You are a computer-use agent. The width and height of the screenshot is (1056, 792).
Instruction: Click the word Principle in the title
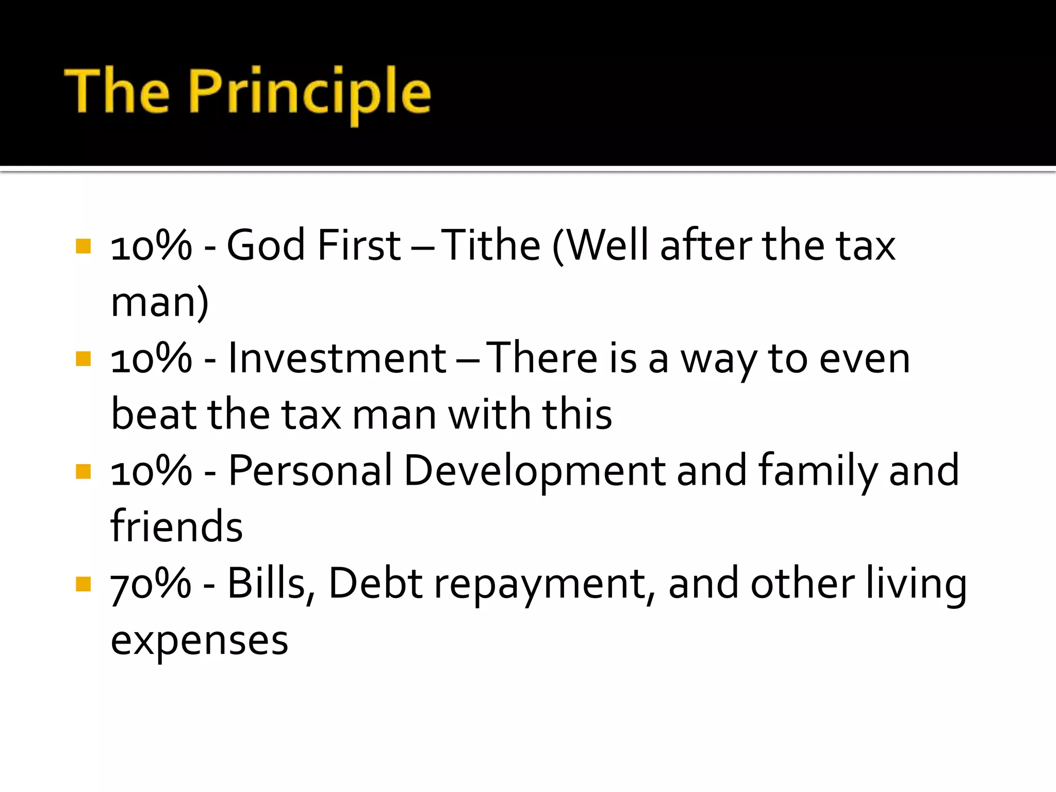click(x=310, y=93)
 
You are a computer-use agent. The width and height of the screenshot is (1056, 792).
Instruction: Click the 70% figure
click(x=151, y=583)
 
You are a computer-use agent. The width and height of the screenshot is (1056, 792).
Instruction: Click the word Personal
click(x=310, y=470)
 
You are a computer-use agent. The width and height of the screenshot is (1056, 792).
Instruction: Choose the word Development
click(x=535, y=470)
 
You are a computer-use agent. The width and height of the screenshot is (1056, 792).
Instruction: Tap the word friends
click(x=176, y=526)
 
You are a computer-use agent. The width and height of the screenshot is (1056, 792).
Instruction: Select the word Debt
click(x=375, y=583)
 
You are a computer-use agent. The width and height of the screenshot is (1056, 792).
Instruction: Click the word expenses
click(x=200, y=641)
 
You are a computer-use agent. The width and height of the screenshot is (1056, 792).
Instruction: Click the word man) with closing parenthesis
click(x=160, y=303)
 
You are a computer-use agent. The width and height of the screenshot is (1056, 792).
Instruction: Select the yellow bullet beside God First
click(x=83, y=246)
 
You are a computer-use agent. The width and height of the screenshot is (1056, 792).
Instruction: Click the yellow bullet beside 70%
click(x=83, y=584)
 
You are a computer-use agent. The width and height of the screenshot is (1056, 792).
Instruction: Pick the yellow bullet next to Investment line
click(x=83, y=359)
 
